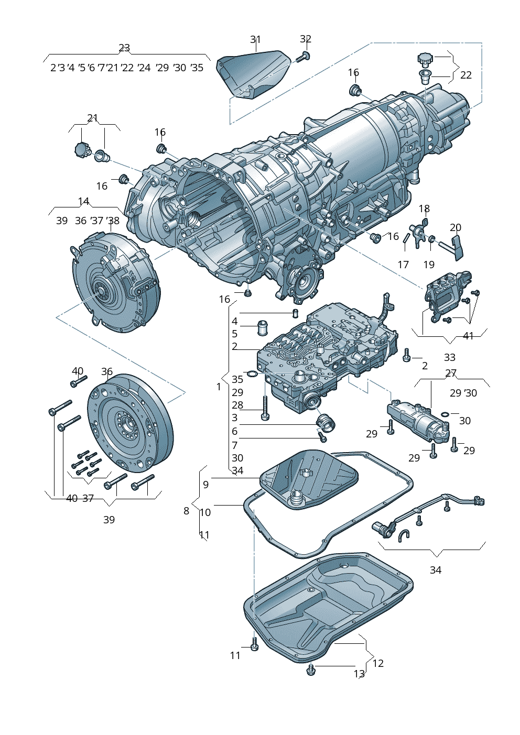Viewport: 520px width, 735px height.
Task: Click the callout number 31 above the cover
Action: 255,40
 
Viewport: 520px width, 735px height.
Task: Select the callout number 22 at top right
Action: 466,75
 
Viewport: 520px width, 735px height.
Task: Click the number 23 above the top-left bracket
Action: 124,48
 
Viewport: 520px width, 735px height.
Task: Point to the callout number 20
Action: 456,227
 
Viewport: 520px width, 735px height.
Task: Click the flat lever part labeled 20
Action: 458,247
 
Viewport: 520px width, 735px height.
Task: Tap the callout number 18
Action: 424,209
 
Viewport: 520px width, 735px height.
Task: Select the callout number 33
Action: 450,357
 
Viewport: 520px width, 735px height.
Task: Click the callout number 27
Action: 451,374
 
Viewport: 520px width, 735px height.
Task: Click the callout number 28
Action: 237,405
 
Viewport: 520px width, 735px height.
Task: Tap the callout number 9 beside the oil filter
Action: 206,485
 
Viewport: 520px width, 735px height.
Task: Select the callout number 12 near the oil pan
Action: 378,663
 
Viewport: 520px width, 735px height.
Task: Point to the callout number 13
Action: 359,674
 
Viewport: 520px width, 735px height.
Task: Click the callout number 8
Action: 186,511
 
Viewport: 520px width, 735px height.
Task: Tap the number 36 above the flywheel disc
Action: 107,372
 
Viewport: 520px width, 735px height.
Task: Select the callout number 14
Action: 84,202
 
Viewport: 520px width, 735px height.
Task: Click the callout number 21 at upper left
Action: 93,118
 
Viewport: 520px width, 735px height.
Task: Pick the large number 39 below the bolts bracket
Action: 109,520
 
